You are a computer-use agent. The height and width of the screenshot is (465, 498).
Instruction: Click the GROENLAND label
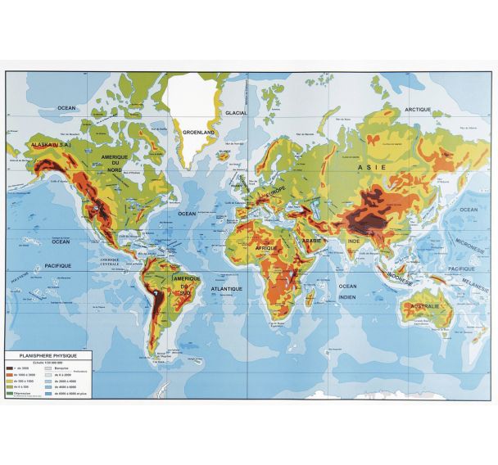click(x=199, y=131)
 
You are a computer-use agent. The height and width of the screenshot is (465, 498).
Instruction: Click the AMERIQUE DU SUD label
click(x=187, y=283)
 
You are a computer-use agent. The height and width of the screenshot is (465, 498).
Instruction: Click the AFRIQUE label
click(x=267, y=247)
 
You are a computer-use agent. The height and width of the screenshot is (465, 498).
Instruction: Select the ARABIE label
click(x=313, y=242)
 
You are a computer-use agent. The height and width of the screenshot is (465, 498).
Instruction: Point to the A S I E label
click(x=370, y=167)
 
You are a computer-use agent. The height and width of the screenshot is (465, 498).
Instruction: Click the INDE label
click(x=354, y=242)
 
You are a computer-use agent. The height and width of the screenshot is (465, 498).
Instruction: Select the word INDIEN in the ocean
click(x=348, y=296)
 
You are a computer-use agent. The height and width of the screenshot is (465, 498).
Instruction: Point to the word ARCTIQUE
click(x=418, y=109)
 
